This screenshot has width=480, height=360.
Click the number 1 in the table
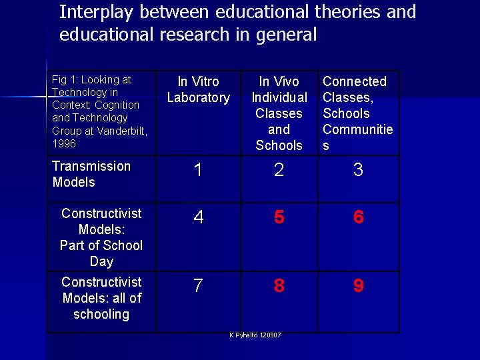pyautogui.click(x=197, y=171)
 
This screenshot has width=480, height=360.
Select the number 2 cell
pyautogui.click(x=279, y=171)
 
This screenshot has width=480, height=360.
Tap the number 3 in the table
pyautogui.click(x=358, y=171)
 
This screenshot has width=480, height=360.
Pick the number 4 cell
pyautogui.click(x=197, y=218)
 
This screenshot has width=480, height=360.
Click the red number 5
pyautogui.click(x=279, y=218)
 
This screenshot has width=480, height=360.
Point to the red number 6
pyautogui.click(x=358, y=218)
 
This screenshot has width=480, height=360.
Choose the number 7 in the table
pyautogui.click(x=197, y=287)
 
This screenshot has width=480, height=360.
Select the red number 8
pyautogui.click(x=279, y=287)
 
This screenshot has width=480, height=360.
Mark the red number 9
pyautogui.click(x=358, y=287)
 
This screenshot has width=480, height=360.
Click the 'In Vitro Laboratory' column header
pyautogui.click(x=198, y=89)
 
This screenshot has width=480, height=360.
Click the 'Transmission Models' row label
pyautogui.click(x=91, y=174)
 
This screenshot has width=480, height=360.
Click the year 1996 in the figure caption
pyautogui.click(x=64, y=143)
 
